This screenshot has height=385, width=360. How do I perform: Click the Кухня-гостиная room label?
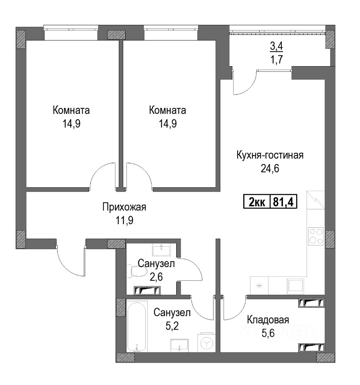pos(270,155)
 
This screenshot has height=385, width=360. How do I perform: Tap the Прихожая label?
pos(124,207)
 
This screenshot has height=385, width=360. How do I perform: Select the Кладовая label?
pos(268,320)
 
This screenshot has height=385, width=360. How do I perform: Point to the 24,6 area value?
pos(270,169)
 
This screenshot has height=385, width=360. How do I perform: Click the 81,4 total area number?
pos(283,202)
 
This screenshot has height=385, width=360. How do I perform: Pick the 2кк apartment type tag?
pos(257,203)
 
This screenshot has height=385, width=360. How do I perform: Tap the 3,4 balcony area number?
pos(277,46)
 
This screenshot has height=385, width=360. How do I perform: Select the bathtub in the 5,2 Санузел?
pos(137,327)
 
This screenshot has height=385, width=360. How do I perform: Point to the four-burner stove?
pos(316,236)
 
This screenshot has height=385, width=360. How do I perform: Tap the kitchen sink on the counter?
pos(296,286)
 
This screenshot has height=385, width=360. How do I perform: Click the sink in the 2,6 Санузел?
pos(161,250)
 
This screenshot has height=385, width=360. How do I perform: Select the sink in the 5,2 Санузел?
pos(179,346)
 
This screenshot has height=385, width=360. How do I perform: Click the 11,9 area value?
pos(124,221)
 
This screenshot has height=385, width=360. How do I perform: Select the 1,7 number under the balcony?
pos(277,60)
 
